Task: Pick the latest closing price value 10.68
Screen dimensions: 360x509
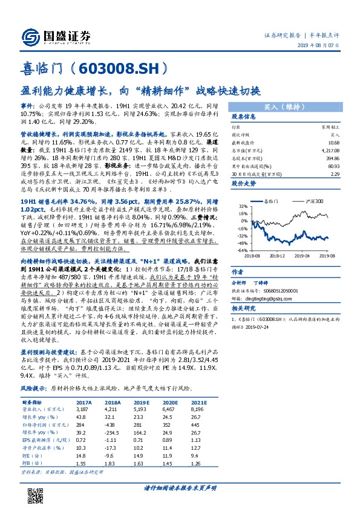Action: tap(333, 142)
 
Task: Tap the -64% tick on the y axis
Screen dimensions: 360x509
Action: tap(241, 250)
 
